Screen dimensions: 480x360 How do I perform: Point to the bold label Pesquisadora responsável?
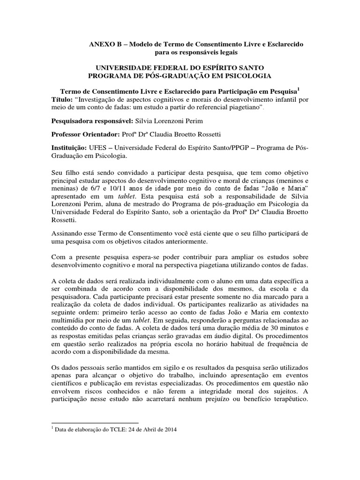(x=90, y=121)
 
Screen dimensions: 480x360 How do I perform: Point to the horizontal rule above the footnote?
(x=94, y=423)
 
